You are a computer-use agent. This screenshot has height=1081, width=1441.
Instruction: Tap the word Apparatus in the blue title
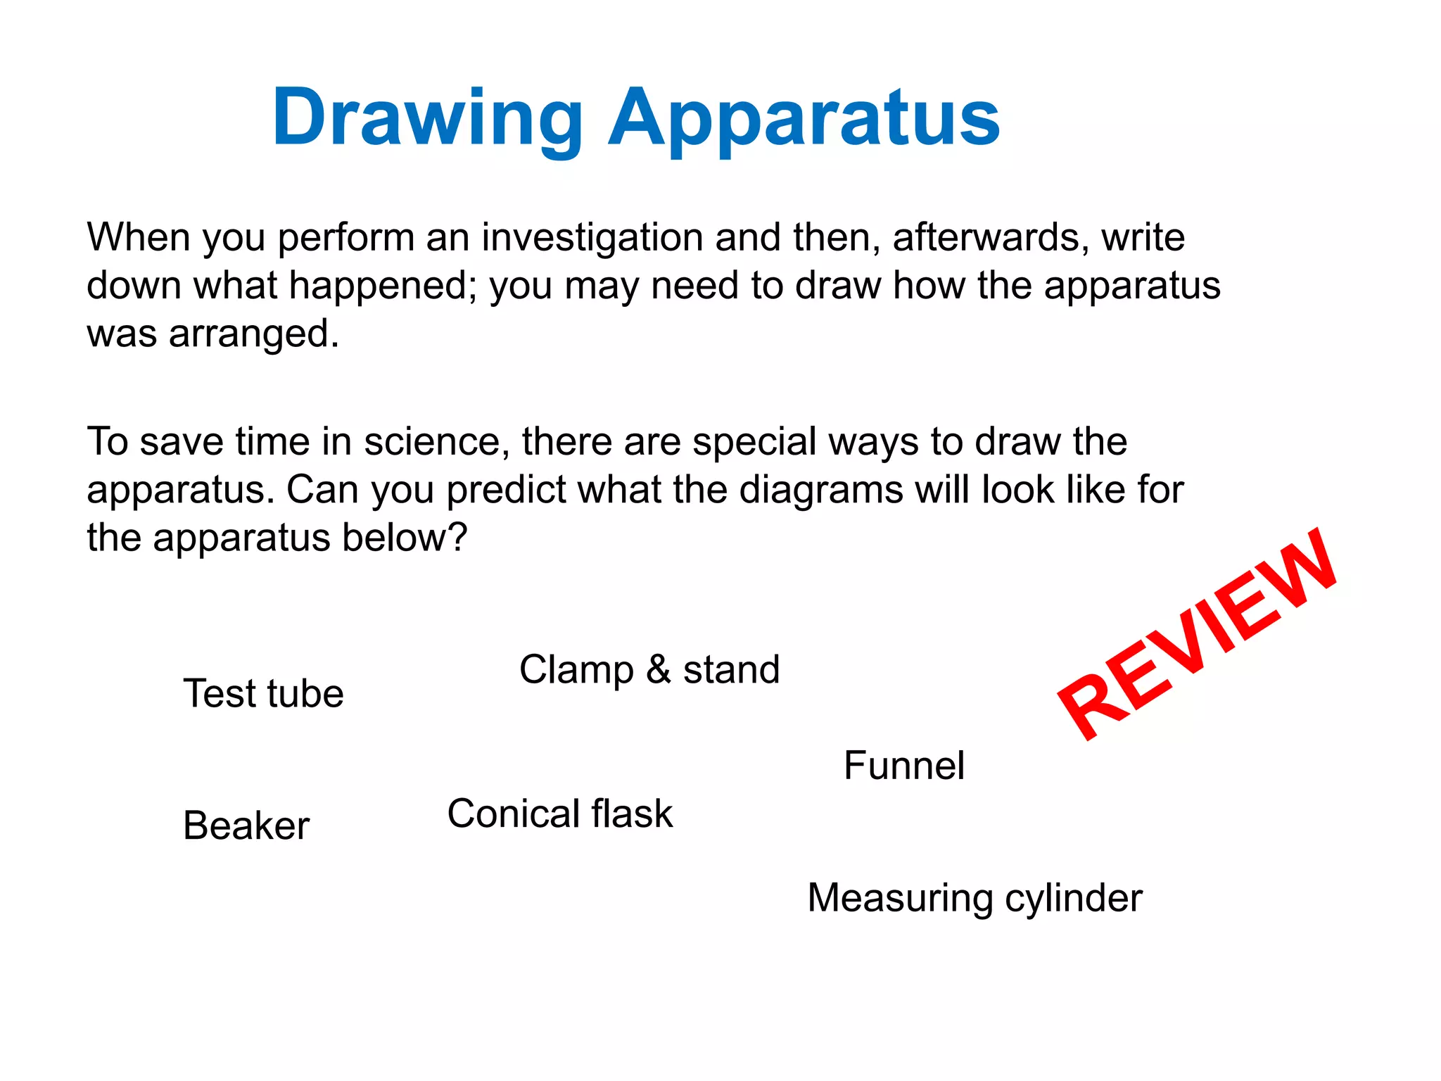pyautogui.click(x=804, y=118)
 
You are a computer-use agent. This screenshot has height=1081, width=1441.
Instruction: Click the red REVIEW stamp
pyautogui.click(x=1197, y=634)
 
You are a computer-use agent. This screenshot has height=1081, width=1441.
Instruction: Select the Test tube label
pyautogui.click(x=263, y=694)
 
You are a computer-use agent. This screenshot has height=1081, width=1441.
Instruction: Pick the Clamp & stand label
pyautogui.click(x=649, y=669)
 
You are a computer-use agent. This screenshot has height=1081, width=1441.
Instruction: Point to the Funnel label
pyautogui.click(x=903, y=766)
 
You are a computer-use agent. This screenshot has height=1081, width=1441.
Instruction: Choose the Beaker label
pyautogui.click(x=246, y=826)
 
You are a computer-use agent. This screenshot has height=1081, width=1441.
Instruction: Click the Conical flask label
pyautogui.click(x=560, y=814)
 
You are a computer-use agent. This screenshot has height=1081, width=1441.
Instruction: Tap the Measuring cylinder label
pyautogui.click(x=975, y=899)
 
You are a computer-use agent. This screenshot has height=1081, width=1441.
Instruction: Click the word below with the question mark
pyautogui.click(x=405, y=538)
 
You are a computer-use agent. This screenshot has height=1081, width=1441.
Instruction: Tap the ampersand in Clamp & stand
pyautogui.click(x=658, y=669)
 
